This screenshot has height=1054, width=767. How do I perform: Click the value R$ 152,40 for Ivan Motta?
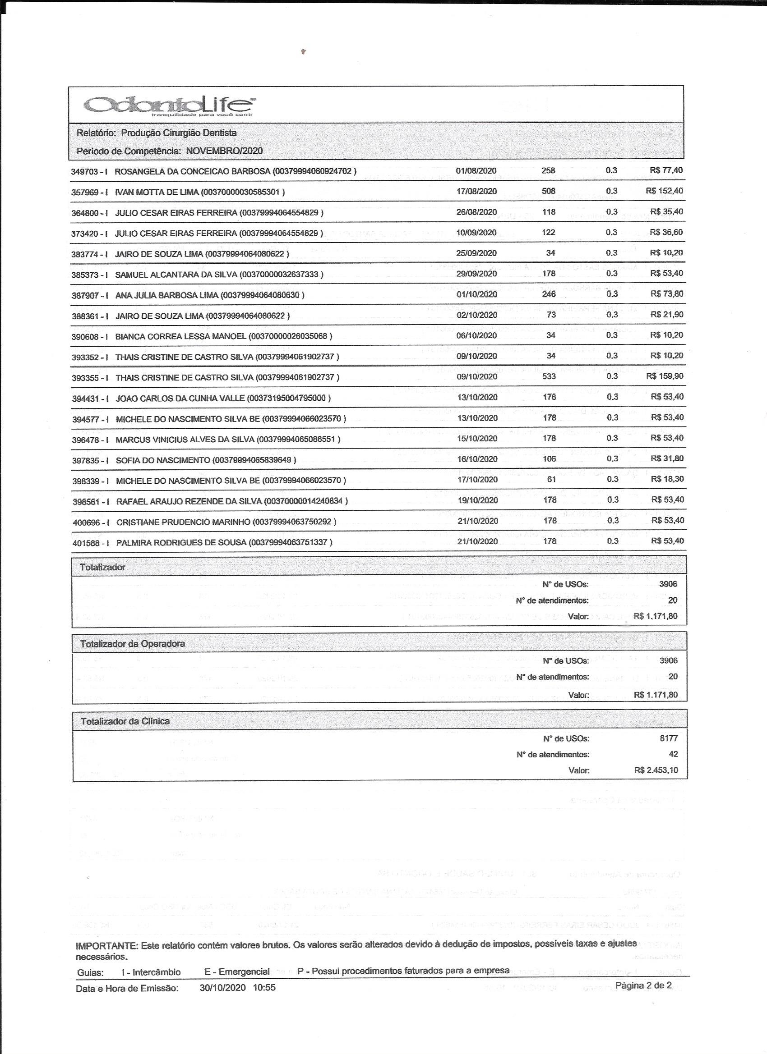(664, 191)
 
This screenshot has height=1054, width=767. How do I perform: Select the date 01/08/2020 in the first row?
(476, 170)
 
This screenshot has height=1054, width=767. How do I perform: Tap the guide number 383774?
(84, 254)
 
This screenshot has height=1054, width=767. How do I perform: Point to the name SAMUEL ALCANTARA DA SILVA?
(176, 274)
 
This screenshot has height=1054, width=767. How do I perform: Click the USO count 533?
(549, 376)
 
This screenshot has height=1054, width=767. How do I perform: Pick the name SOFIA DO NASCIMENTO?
(163, 460)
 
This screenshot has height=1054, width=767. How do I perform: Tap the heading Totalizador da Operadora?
(133, 644)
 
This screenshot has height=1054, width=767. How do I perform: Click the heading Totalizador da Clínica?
(125, 721)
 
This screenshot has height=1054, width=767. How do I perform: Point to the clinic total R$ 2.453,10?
(656, 770)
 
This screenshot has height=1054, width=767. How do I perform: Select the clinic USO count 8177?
(669, 738)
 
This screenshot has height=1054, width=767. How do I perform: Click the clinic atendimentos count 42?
(673, 754)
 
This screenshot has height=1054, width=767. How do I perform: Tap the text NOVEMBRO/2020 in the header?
(224, 151)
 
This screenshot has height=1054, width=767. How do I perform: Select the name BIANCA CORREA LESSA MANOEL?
(180, 336)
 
